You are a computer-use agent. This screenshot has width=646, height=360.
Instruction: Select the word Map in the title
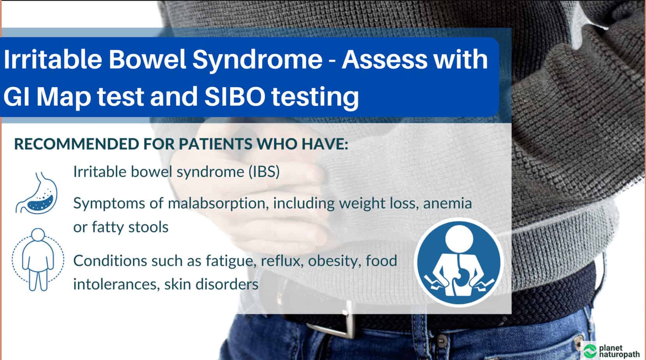point(64,98)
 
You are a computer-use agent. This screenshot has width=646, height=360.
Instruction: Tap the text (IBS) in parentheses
point(264,172)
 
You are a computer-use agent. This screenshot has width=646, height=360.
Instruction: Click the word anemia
point(447,203)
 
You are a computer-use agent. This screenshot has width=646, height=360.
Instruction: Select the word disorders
point(227,284)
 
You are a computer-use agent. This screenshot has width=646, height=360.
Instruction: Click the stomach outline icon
point(37,193)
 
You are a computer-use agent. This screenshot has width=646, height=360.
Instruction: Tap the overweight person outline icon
point(38,259)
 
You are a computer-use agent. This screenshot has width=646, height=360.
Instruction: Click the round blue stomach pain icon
point(459,262)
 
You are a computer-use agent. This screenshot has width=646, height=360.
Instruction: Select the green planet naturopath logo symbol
point(590,351)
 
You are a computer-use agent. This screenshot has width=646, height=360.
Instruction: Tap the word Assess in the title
point(385,59)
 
